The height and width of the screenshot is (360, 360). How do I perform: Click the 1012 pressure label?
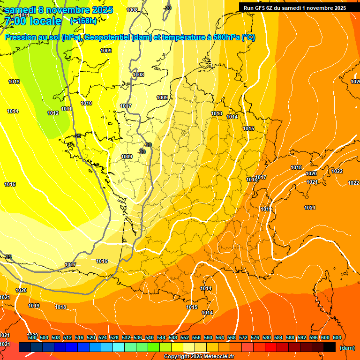pos(53,113)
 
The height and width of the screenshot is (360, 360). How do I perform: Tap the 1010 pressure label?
pos(86,103)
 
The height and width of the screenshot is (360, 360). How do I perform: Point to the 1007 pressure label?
pos(126,106)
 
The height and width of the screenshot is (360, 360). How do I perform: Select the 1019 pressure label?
pos(34,306)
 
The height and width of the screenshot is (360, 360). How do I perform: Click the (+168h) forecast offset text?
pos(83,21)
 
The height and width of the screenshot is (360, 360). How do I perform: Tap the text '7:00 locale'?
pos(32,21)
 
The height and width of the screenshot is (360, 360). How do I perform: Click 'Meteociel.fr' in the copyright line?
pos(219,357)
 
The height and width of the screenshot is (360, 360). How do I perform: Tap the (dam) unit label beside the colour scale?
pos(347,348)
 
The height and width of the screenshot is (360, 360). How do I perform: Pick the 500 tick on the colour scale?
pos(32,337)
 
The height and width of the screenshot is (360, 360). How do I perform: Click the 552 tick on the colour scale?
pos(185,337)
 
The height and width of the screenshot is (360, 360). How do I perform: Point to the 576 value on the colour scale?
pos(255,337)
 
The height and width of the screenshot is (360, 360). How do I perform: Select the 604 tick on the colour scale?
pos(337,337)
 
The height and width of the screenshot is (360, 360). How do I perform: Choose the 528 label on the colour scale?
pos(114,337)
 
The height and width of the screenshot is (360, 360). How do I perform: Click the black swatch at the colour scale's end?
pos(330,347)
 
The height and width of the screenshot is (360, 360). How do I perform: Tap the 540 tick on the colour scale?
pos(150,337)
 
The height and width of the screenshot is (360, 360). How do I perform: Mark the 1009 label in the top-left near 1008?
pos(106,51)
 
